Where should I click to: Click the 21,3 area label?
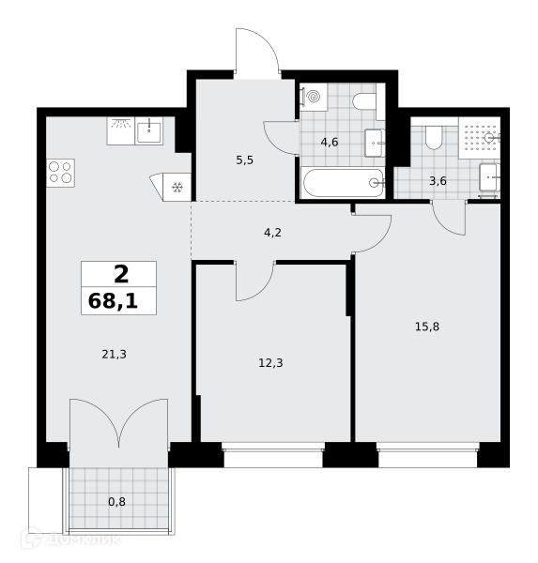coord(114,355)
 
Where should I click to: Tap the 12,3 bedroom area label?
coord(270,363)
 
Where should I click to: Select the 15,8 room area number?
coord(427,327)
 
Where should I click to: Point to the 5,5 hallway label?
coord(244,160)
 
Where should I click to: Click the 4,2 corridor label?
coord(272,233)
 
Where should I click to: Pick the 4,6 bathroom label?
coord(330,143)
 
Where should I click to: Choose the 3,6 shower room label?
coord(438,181)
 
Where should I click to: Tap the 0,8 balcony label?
coord(116,502)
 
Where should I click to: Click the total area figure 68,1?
coord(113,301)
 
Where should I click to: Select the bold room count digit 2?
coord(121,274)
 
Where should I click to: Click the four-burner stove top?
coord(60,173)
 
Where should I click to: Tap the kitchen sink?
coord(148,131)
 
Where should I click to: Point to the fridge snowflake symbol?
coord(177,187)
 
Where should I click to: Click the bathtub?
coord(344,183)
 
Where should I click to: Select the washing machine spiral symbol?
coord(315,97)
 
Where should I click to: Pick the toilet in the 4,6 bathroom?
coord(364,102)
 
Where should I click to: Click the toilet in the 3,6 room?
coord(434,138)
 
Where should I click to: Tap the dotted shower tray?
coord(479,138)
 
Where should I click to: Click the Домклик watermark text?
coord(83,540)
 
